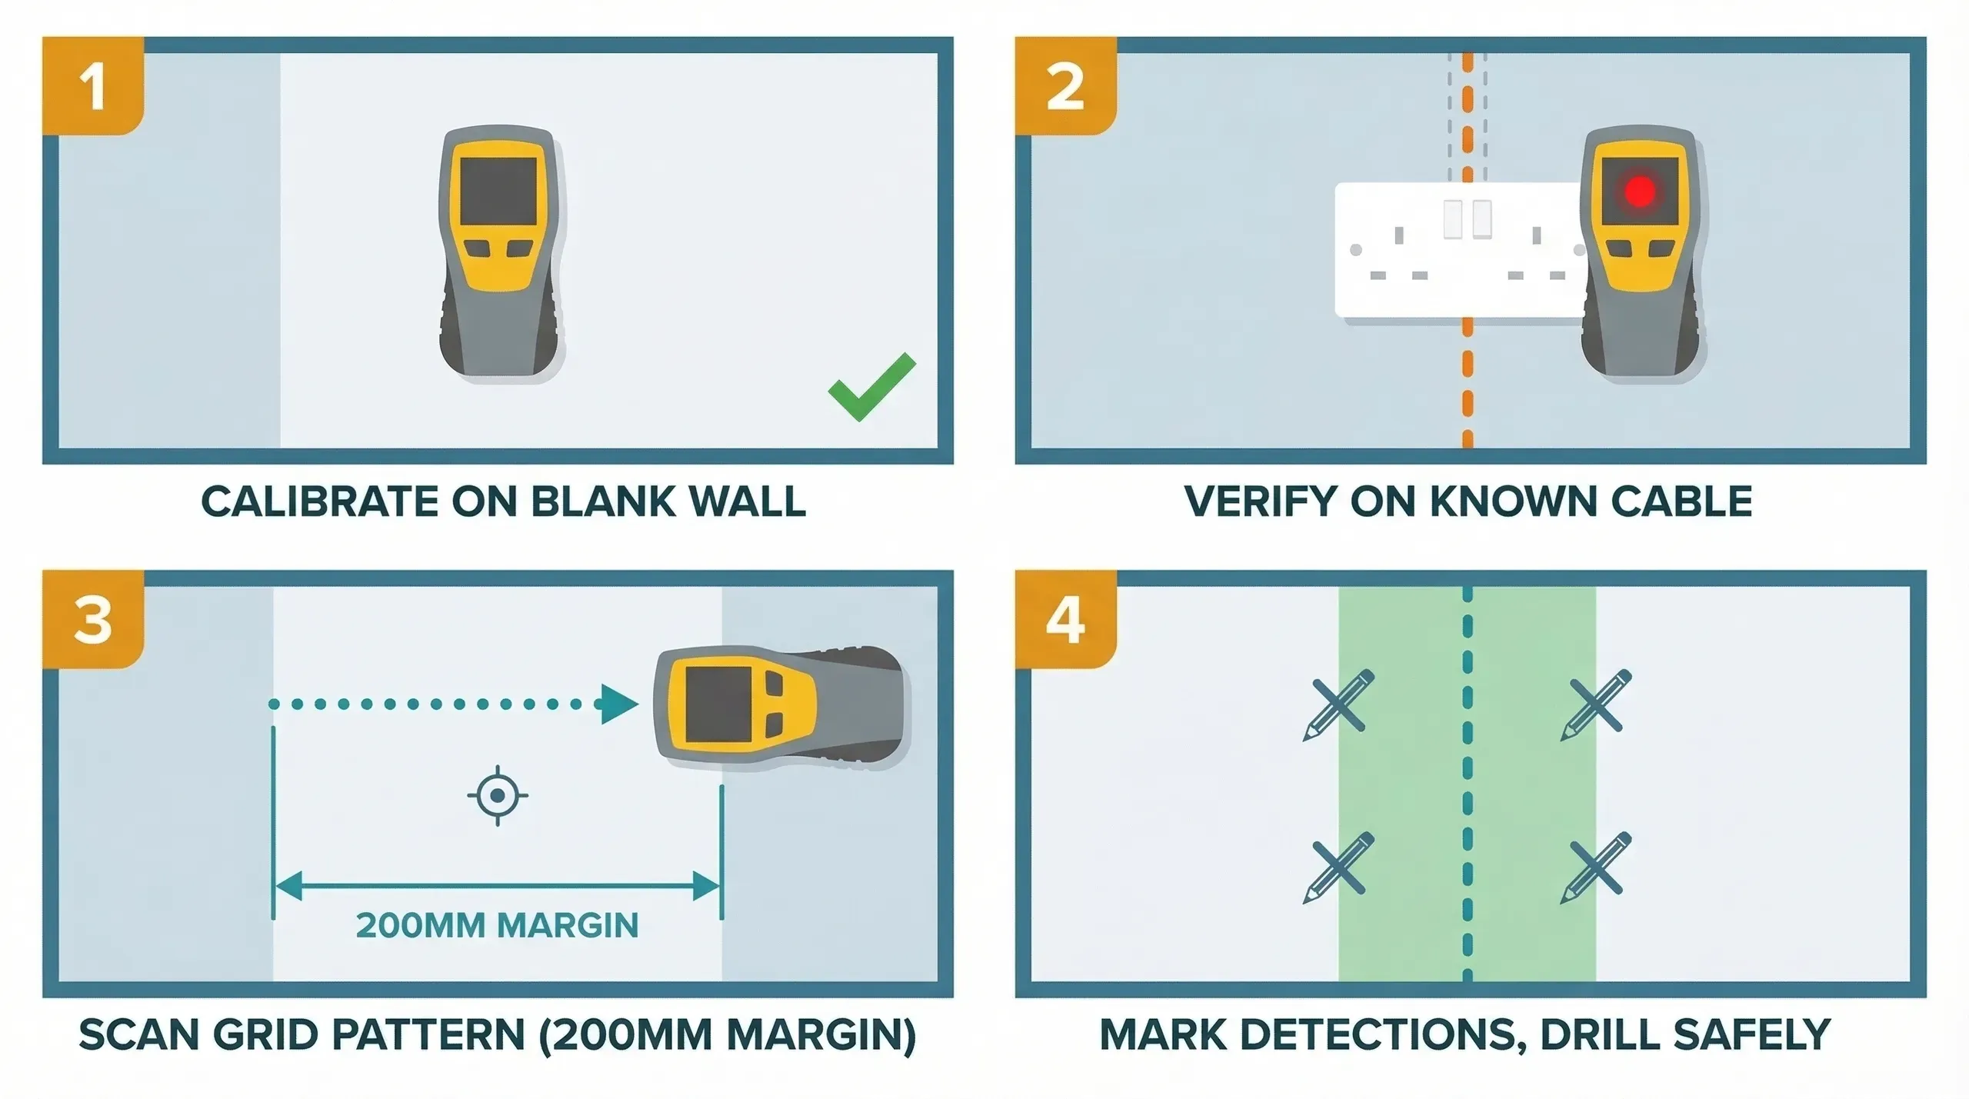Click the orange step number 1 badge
[93, 86]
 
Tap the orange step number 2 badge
[1065, 86]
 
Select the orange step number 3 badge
[93, 620]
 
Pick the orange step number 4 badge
[1065, 620]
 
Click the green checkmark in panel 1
[871, 388]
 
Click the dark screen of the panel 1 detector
[498, 191]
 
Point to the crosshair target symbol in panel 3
[498, 795]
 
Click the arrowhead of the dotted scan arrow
[619, 704]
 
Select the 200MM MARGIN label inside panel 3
[497, 925]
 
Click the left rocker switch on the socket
[1452, 218]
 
